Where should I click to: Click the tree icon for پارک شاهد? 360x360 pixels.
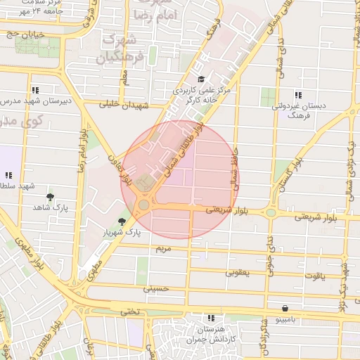[x=49, y=197]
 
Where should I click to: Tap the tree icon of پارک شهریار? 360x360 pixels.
[x=122, y=221]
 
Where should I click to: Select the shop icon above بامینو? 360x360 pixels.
[x=284, y=308]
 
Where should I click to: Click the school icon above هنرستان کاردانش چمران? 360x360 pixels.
[x=210, y=319]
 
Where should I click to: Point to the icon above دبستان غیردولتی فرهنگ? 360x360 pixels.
[x=298, y=94]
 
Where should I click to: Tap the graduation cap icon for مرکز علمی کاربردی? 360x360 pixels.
[x=202, y=79]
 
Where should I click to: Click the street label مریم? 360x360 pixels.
[x=162, y=250]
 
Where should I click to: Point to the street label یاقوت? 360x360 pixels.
[x=314, y=276]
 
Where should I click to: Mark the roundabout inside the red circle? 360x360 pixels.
[x=143, y=205]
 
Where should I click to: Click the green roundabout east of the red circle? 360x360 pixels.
[x=271, y=212]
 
